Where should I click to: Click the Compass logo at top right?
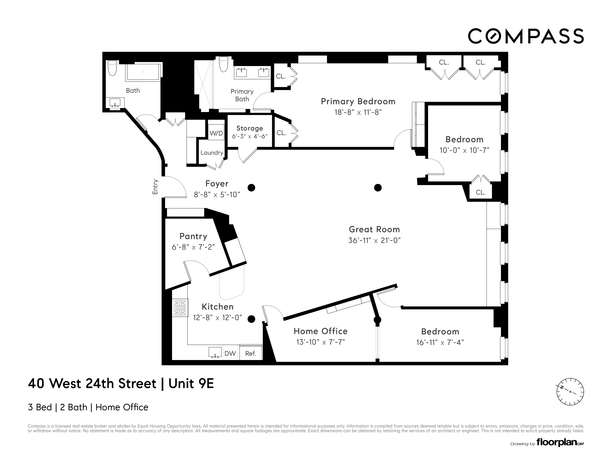point(526,36)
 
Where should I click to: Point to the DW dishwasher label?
point(230,353)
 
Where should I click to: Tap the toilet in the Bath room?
point(112,68)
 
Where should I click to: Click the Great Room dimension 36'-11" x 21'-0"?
point(374,240)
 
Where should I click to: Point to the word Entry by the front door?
point(155,187)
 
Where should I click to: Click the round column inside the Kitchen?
point(251,319)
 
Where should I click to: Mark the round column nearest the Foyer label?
point(251,188)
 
